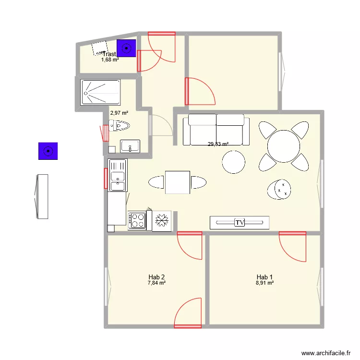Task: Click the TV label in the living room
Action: tap(240, 222)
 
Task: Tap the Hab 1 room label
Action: tap(264, 277)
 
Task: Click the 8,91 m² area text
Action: tap(264, 283)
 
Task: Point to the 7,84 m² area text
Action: tap(157, 283)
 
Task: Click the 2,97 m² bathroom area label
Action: tap(119, 113)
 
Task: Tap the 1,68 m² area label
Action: tap(110, 60)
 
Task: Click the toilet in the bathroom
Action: tap(120, 126)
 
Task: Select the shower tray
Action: tap(101, 92)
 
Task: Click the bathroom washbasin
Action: tap(130, 146)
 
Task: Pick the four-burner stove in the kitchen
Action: tap(137, 220)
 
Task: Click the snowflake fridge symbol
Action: tap(162, 220)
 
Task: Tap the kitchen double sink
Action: tap(118, 175)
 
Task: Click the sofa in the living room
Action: tap(216, 129)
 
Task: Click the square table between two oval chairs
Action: tap(178, 182)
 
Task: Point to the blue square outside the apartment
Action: tap(48, 151)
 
